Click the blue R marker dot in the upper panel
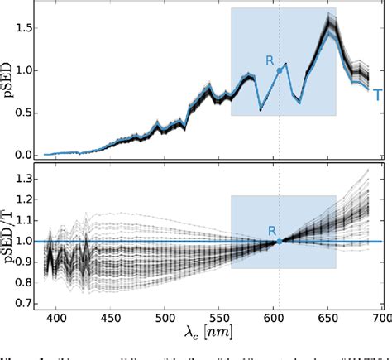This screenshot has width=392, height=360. (280, 71)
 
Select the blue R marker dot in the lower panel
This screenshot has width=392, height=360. (280, 242)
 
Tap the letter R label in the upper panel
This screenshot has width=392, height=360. (269, 60)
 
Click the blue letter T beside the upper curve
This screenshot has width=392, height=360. (377, 95)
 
